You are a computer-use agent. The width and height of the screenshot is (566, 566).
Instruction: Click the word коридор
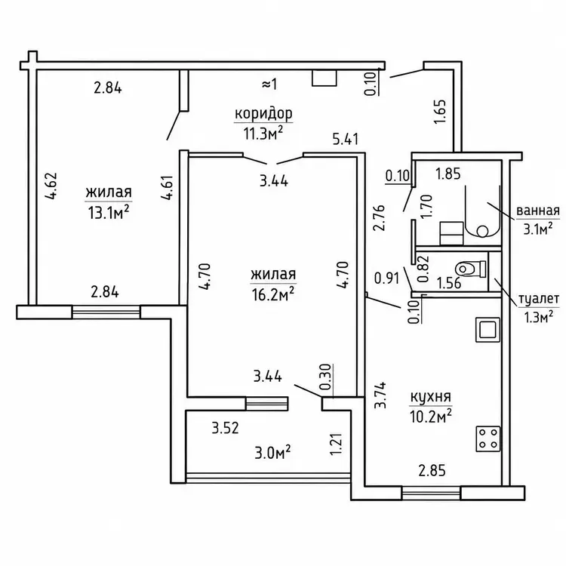coord(263,114)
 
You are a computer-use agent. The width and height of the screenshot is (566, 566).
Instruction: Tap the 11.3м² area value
coord(263,134)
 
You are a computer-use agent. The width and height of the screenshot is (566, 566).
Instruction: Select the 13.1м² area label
coord(108,213)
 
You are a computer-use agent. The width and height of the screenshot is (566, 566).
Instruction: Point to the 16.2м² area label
coord(273,294)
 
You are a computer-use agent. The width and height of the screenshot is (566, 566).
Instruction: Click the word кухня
coord(431,398)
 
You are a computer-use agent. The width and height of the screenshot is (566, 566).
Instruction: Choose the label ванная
coord(538,211)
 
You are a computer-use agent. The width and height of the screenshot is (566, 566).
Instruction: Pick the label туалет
coord(539,299)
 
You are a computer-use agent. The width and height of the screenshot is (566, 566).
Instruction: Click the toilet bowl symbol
coord(471,269)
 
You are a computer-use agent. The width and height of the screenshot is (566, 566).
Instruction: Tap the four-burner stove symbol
coord(488,439)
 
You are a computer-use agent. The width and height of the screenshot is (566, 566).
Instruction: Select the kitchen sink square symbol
coord(488,329)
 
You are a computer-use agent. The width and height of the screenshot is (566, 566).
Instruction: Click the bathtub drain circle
coord(481,230)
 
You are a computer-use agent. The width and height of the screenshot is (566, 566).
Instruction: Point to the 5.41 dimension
coord(346,139)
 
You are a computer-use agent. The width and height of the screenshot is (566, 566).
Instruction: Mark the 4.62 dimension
coord(51,186)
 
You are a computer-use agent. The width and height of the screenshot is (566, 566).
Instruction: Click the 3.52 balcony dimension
coord(225,428)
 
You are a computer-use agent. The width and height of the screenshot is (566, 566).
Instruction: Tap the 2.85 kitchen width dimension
coord(432,471)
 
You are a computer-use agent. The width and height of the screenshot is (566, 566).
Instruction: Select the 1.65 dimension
coord(440,112)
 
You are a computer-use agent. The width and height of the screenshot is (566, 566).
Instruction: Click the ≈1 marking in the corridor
coord(269,85)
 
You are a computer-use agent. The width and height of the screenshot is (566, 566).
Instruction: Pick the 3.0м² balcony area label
coord(273,452)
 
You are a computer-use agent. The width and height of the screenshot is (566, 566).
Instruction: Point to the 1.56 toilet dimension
coord(449,283)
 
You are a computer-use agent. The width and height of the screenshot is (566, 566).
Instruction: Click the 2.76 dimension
coord(379,217)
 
